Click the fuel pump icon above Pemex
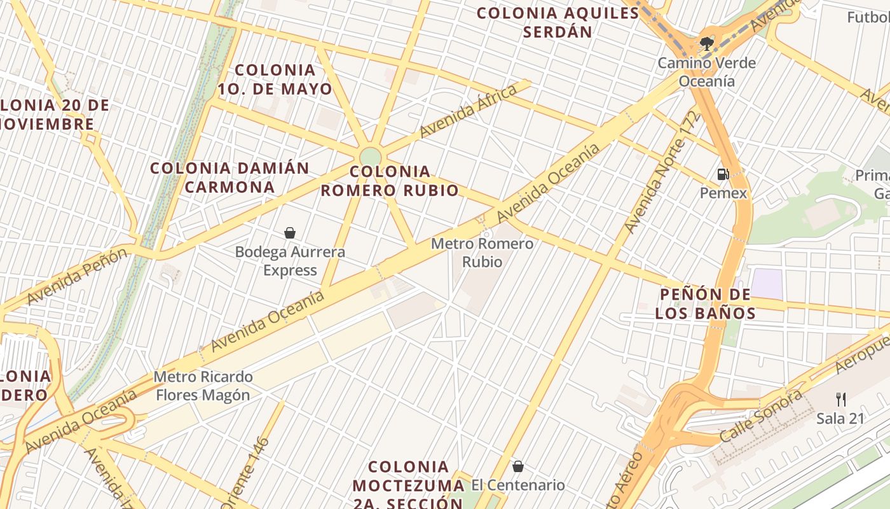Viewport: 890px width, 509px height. coord(723,174)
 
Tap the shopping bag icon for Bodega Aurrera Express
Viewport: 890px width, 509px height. coord(290,233)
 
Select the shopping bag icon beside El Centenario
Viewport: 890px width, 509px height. coord(518,466)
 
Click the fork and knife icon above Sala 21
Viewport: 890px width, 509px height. coord(841,400)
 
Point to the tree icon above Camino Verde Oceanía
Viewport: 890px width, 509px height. coord(706,44)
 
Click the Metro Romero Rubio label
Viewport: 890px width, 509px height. coord(482,253)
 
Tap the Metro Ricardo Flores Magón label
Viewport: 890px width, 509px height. coord(203,386)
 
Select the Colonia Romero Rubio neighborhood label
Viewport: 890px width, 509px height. coord(390,181)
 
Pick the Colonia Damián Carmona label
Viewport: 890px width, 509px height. coord(229,178)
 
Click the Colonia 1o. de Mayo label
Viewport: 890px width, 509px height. coord(275,80)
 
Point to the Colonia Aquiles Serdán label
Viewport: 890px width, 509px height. coord(558,22)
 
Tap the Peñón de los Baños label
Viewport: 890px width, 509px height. coord(705,303)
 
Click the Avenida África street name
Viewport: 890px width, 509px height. coord(469,111)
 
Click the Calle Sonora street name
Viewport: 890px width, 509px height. coord(761,416)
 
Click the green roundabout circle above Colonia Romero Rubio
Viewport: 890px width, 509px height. coord(370,157)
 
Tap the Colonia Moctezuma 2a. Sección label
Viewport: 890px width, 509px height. coord(407,485)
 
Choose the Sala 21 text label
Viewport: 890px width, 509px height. coord(840,418)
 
